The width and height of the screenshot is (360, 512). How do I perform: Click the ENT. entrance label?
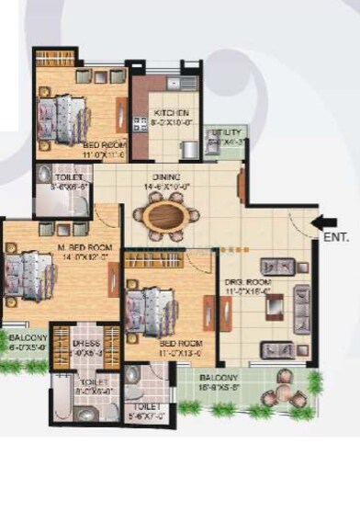(x=333, y=237)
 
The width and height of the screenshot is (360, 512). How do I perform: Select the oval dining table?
(x=165, y=215)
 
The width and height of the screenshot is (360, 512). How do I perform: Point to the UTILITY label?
(x=225, y=132)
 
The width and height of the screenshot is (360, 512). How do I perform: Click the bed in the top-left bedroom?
(x=63, y=112)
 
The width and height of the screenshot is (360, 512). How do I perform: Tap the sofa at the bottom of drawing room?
(x=276, y=350)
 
